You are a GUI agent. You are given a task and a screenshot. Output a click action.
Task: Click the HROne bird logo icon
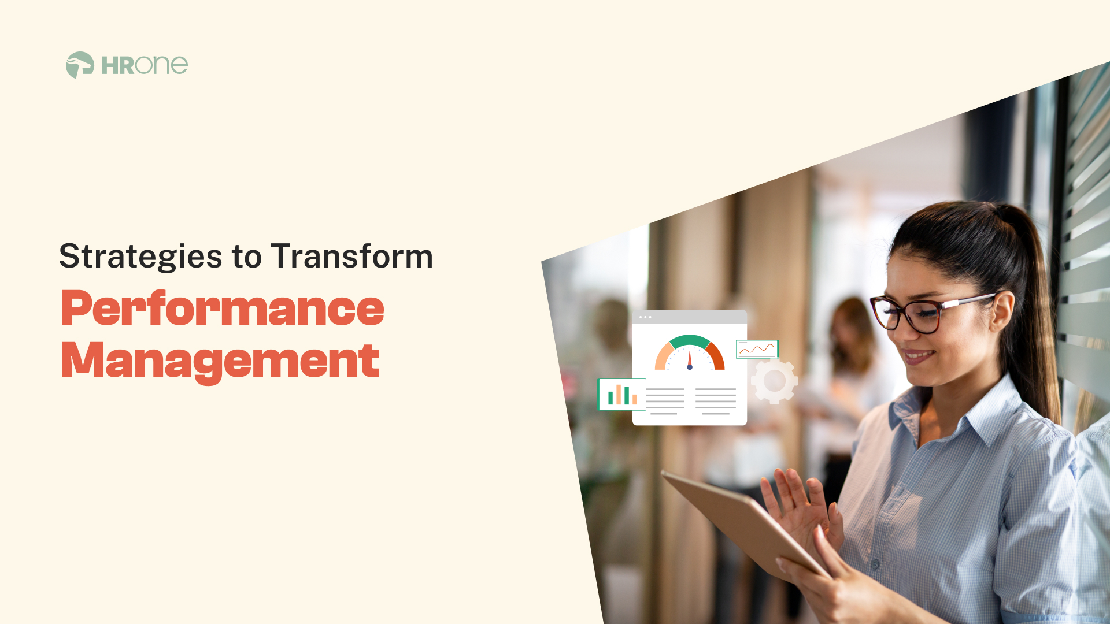[80, 65]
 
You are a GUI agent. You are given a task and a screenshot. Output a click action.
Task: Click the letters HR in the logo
[118, 66]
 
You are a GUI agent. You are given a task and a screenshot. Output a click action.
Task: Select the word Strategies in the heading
[140, 257]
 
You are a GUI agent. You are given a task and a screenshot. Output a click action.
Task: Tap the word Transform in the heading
[351, 257]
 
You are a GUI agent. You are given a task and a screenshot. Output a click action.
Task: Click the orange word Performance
[222, 309]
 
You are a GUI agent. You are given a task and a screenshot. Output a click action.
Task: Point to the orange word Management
[220, 361]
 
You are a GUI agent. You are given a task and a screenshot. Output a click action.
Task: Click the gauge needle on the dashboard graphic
[690, 359]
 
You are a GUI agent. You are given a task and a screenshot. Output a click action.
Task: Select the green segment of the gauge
[689, 341]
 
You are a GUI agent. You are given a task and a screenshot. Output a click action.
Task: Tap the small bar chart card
[622, 395]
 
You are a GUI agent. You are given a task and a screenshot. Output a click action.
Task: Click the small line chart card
[757, 349]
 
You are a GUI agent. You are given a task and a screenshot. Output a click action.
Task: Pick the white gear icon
[774, 381]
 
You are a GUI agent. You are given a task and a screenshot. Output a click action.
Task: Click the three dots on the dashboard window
[645, 317]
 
